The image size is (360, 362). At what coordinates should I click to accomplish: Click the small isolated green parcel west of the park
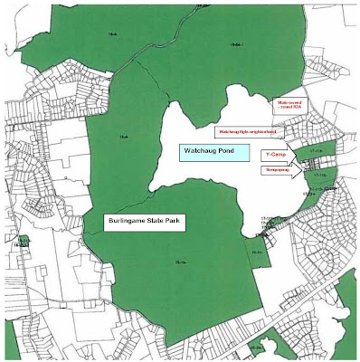point(23,243)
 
